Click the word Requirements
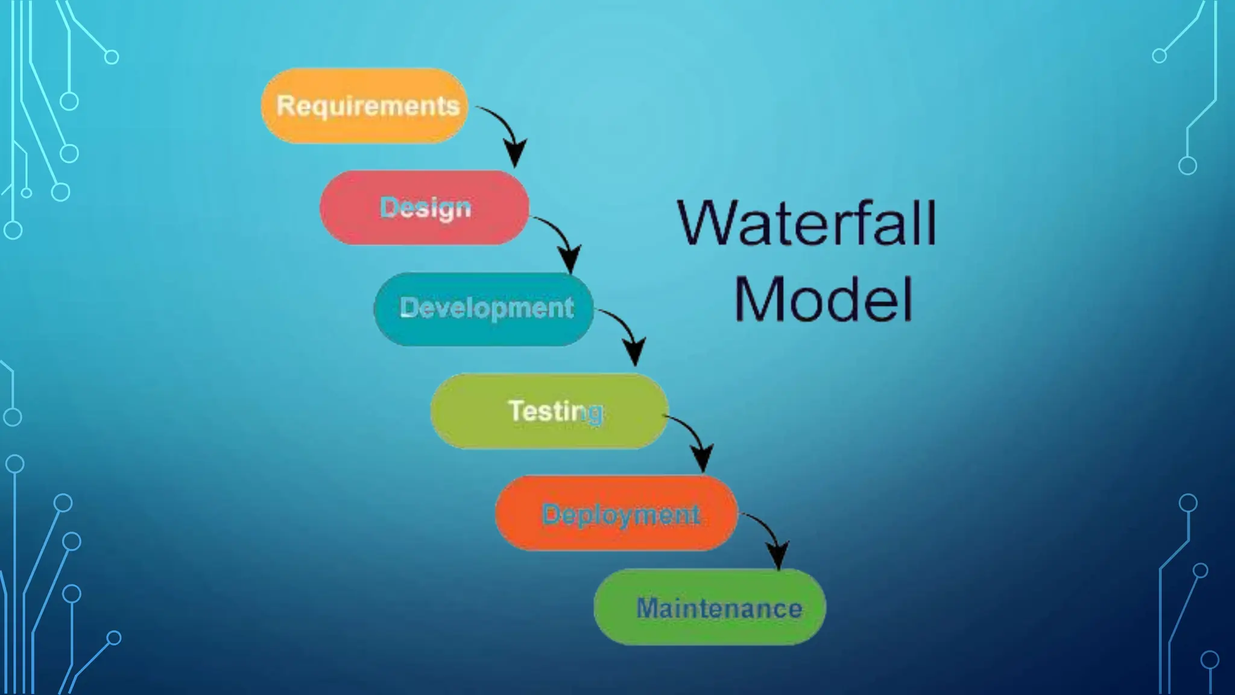[368, 106]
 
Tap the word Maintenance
[719, 608]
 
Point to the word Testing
[555, 411]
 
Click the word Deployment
[621, 515]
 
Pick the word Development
[487, 308]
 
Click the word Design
[425, 208]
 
